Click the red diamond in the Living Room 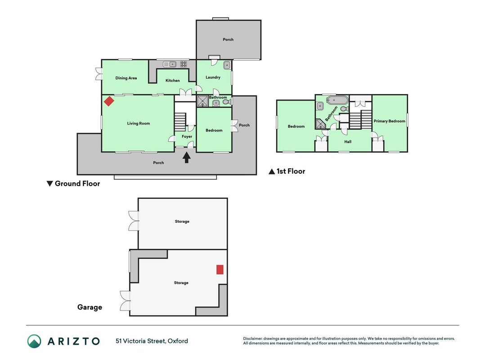[x=109, y=101]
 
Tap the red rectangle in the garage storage [x=220, y=270]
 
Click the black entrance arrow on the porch [x=187, y=157]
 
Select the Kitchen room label [x=173, y=81]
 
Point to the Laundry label [x=213, y=77]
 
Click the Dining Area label [x=126, y=78]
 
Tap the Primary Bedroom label [x=390, y=121]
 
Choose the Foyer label [x=187, y=136]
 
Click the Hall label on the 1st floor [x=348, y=142]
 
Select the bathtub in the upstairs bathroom [x=337, y=100]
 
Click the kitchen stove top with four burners [x=184, y=64]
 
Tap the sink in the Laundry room [x=227, y=65]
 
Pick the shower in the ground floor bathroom [x=202, y=101]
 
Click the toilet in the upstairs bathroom [x=345, y=109]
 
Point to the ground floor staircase [x=180, y=122]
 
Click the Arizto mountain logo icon [x=34, y=341]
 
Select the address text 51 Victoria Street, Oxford [x=152, y=341]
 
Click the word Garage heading [x=90, y=307]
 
